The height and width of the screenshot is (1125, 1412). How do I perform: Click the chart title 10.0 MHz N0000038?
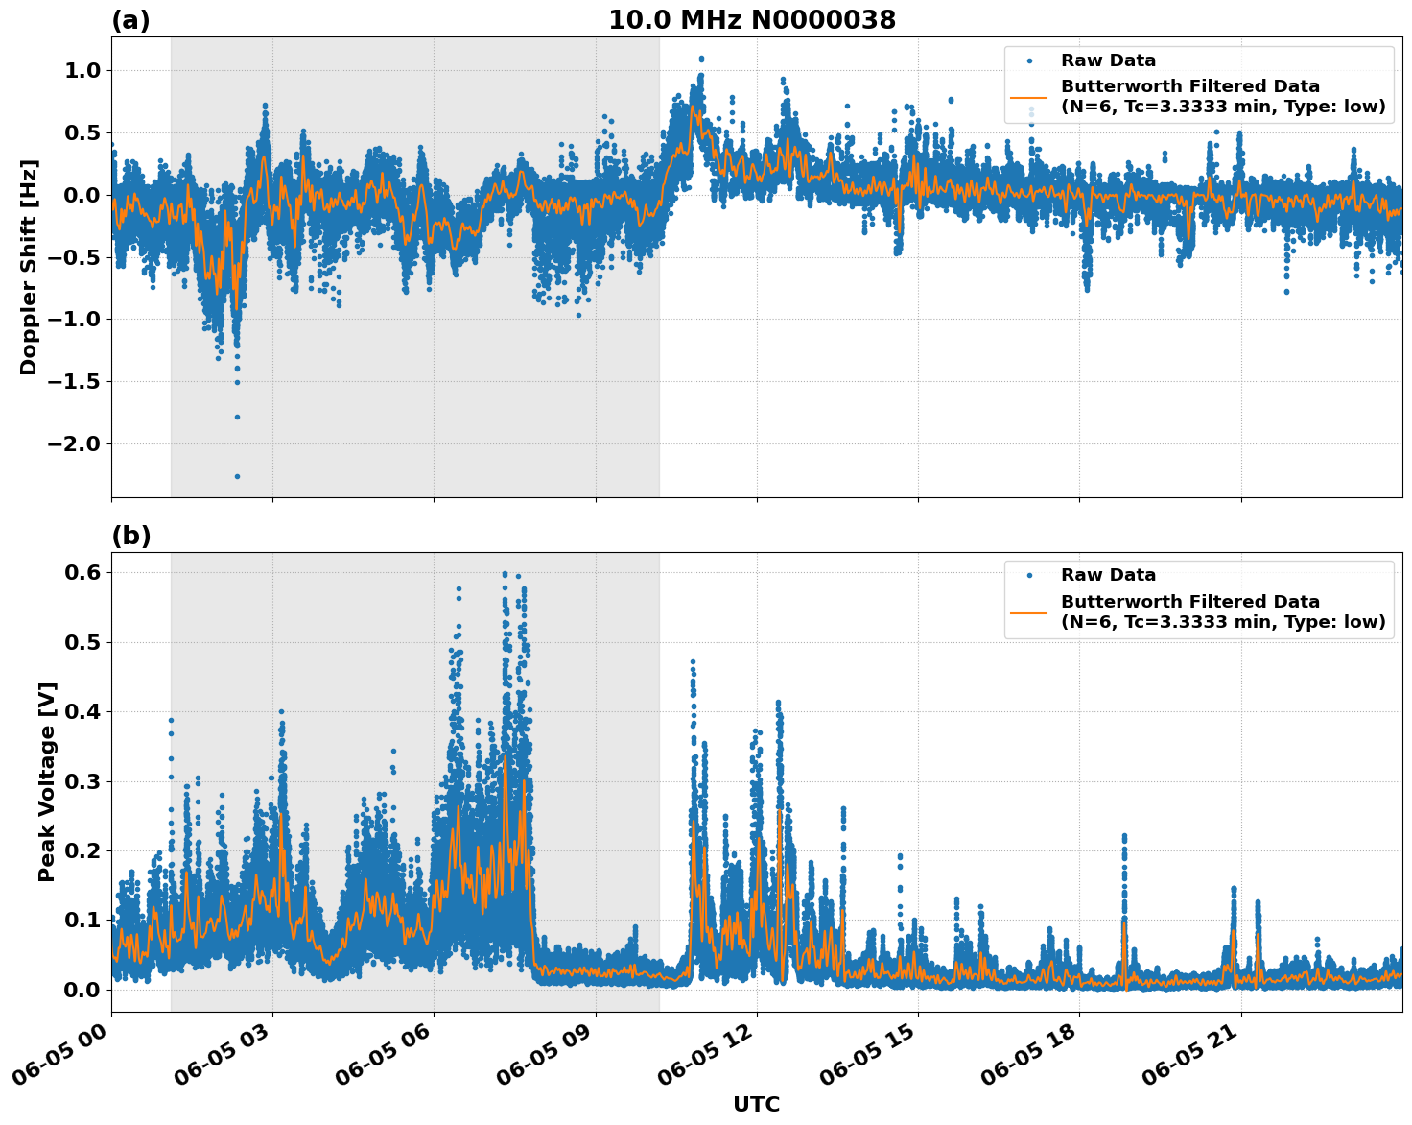pos(752,20)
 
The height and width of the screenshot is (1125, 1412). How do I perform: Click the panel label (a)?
pos(130,20)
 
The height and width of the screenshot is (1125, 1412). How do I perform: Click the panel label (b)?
pos(130,536)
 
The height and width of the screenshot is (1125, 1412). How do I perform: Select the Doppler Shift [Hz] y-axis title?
pos(29,267)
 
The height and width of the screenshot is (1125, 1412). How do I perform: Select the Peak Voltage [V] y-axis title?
pos(47,781)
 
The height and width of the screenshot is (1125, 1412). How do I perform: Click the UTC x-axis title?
pos(756,1104)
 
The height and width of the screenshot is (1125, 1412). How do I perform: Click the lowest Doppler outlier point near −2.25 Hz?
pos(237,476)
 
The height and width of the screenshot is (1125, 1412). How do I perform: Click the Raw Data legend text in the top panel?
pos(1108,60)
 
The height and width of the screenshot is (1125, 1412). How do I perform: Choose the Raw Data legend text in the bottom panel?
pos(1108,575)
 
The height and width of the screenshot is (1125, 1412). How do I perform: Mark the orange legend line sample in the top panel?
pos(1029,97)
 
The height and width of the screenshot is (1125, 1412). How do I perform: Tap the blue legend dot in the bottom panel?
pos(1029,575)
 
